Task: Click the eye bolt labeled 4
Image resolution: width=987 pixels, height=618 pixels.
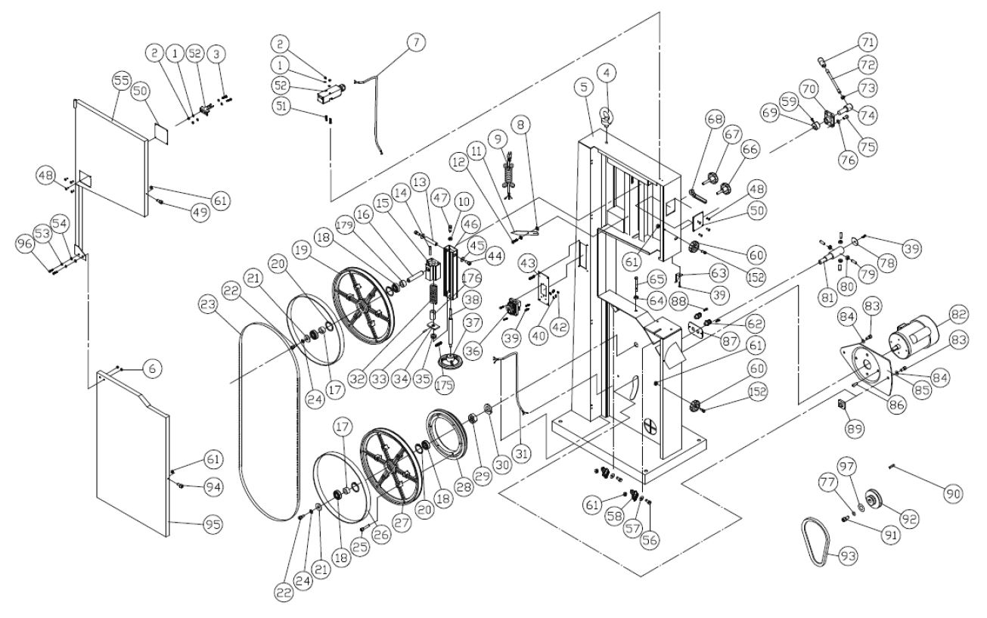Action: coord(607,116)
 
